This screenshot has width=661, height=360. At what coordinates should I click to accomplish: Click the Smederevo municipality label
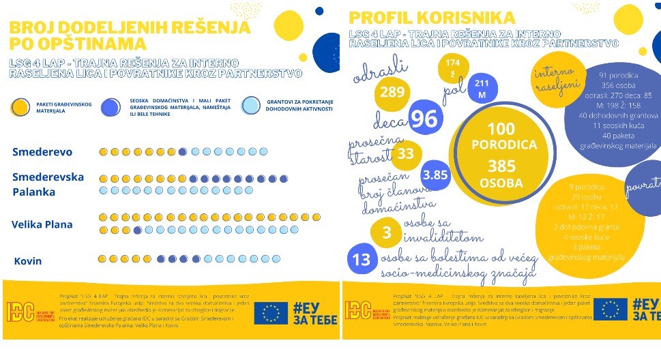[42, 152]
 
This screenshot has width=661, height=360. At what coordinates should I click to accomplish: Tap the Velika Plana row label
[42, 224]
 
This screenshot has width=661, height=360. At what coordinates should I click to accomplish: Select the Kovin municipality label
[28, 261]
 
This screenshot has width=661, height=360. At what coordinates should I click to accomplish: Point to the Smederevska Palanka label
[48, 184]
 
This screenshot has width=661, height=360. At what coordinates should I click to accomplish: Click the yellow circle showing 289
[392, 92]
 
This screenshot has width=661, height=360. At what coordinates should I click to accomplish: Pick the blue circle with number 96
[424, 119]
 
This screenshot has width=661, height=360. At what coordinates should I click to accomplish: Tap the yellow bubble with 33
[406, 154]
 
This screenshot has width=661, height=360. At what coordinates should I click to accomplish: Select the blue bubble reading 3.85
[435, 175]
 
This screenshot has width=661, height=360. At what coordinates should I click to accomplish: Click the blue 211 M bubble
[482, 89]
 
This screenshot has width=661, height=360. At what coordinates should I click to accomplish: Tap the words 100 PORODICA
[502, 137]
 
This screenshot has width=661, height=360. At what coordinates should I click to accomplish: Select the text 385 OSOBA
[502, 174]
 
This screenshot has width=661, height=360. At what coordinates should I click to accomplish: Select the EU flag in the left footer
[271, 313]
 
